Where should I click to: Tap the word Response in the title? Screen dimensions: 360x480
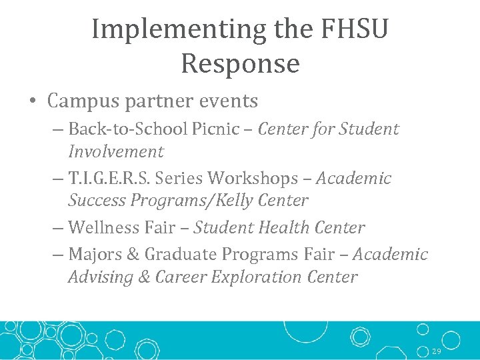pos(240,64)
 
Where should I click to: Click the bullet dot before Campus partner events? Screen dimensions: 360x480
pos(32,101)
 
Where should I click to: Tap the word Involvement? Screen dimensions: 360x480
pos(115,151)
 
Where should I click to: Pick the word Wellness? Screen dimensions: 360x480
pos(103,227)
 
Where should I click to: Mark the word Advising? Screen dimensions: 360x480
pos(101,277)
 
